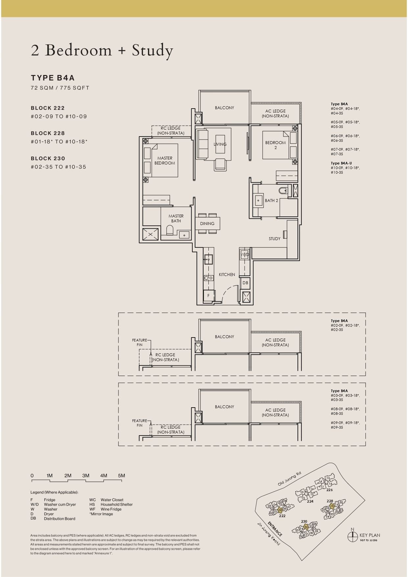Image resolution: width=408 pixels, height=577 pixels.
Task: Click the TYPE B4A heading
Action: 53,78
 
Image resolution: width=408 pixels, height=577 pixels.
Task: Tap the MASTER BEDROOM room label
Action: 165,161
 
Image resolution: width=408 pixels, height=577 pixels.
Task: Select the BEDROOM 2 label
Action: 276,145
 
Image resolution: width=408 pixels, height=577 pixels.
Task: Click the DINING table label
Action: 207,224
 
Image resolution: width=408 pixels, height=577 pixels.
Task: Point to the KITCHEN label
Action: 227,274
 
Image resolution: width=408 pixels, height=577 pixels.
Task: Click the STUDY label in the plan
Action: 275,239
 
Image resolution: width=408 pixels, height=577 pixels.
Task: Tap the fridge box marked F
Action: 208,295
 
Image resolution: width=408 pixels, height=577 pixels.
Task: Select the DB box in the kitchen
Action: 245,283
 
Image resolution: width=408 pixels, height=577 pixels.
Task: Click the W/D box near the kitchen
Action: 245,255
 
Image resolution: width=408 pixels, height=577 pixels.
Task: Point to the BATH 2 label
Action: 272,201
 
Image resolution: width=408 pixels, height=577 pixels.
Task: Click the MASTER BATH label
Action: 176,218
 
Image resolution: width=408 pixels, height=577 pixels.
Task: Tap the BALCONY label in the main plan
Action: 225,108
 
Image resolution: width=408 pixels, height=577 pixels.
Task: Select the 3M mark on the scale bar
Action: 86,476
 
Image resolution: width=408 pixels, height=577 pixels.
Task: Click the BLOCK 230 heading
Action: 48,159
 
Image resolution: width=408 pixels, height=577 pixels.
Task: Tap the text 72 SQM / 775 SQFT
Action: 60,88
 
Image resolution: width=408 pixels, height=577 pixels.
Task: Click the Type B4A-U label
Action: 341,163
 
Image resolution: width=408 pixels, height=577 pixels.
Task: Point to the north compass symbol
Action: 352,537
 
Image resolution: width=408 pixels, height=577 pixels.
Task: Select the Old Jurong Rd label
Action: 289,479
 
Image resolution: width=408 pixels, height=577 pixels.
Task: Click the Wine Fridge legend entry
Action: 111,509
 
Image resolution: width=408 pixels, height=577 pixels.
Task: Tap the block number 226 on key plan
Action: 329,490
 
